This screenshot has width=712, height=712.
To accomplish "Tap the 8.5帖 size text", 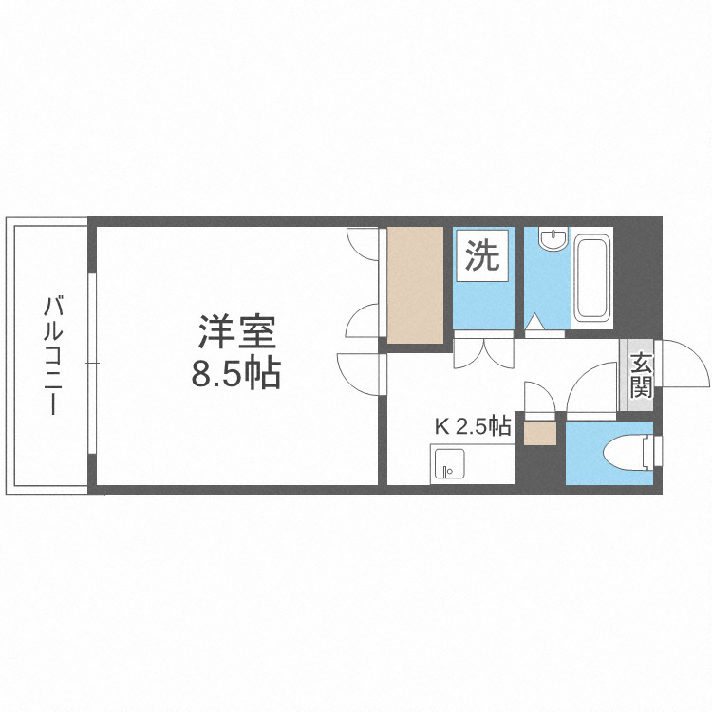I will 236,374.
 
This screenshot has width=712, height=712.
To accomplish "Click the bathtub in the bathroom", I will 592,277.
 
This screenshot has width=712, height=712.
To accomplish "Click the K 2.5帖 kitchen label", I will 473,426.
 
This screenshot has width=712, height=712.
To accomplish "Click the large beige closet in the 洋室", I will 415,285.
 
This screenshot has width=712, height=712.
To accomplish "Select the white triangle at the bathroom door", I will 535,324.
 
